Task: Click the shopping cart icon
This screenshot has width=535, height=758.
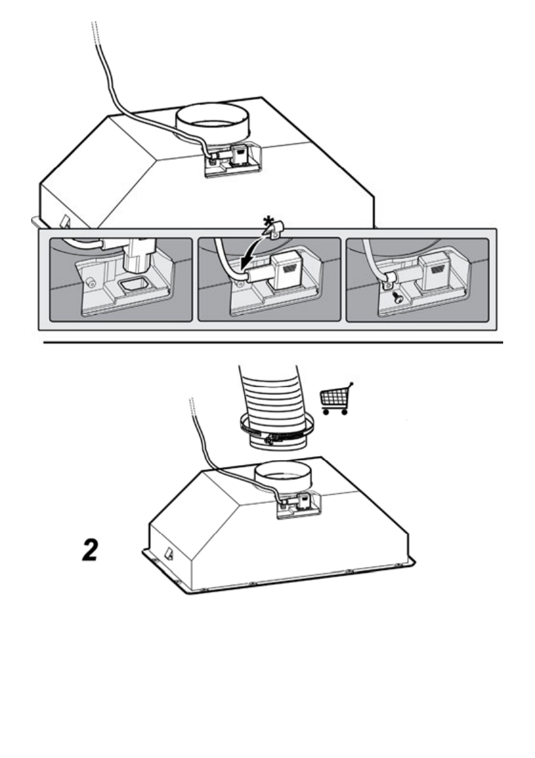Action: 336,399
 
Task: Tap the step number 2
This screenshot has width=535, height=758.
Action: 90,550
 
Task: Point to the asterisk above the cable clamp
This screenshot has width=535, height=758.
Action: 267,223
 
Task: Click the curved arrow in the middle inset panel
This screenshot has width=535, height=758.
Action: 252,251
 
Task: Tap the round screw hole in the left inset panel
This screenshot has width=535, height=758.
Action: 89,282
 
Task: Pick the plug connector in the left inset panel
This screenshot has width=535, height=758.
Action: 139,255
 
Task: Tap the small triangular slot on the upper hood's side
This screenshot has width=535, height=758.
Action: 65,222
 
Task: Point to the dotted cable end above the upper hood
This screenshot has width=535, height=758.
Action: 94,33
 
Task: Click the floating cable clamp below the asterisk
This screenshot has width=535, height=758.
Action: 273,232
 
